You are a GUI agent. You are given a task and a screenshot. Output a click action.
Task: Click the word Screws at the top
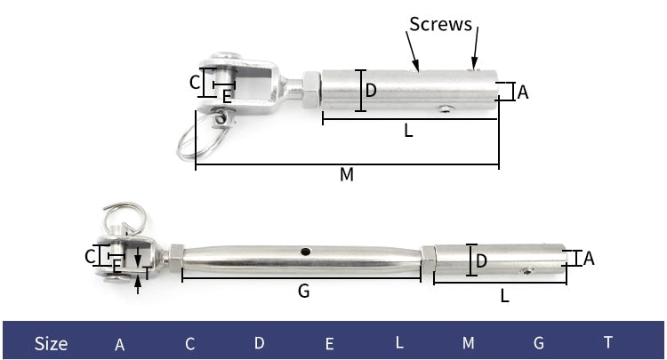(441, 24)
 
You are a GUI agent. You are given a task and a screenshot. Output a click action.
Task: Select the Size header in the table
(51, 343)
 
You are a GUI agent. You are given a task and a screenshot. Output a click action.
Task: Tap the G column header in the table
(539, 343)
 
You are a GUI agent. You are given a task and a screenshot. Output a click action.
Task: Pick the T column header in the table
(608, 342)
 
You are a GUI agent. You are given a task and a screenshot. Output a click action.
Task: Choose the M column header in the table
(469, 343)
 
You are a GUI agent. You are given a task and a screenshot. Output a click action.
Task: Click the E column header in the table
(329, 343)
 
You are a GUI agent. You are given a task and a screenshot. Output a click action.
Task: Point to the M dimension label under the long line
(347, 174)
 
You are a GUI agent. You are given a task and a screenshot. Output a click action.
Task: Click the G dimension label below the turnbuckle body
(304, 292)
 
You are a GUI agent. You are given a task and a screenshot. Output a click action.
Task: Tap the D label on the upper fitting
(371, 90)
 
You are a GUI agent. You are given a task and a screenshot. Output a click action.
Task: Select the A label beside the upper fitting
(523, 92)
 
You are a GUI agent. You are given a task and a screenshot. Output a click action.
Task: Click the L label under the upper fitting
(408, 131)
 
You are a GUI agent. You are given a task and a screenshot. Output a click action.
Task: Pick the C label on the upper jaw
(195, 83)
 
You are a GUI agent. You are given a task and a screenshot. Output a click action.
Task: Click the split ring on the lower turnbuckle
(125, 218)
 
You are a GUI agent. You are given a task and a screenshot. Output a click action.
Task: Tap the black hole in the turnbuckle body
(305, 252)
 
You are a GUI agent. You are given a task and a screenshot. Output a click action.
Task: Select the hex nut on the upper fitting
(311, 90)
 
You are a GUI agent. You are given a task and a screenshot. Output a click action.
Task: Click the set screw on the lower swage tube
(526, 271)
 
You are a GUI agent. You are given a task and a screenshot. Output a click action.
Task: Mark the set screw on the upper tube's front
(445, 109)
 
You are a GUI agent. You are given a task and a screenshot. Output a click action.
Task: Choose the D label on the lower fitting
(481, 260)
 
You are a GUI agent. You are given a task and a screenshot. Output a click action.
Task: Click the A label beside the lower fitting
(589, 259)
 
